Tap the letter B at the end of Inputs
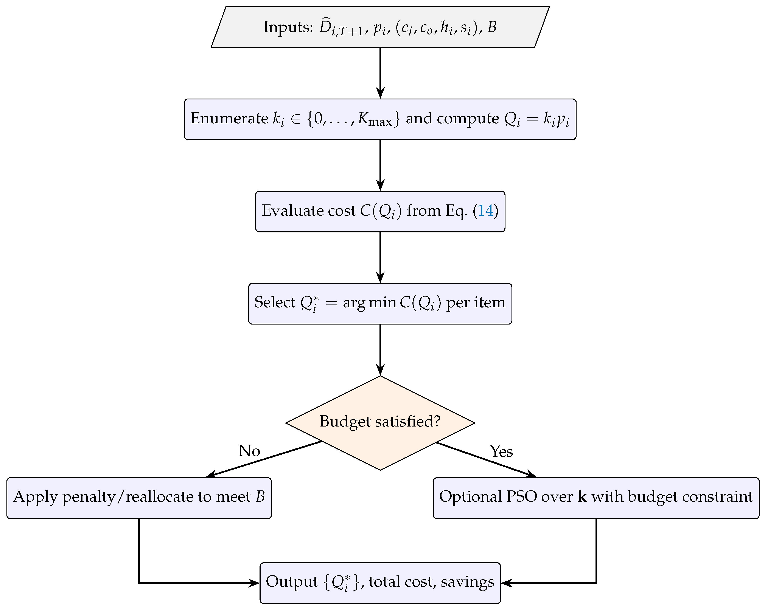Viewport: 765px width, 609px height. point(492,27)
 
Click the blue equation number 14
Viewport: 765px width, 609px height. point(485,210)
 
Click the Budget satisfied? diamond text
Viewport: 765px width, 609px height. point(380,422)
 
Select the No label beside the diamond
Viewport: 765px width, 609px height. point(249,451)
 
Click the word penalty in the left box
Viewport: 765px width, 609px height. point(89,497)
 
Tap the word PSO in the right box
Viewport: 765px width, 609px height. point(522,497)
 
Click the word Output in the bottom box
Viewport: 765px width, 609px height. point(292,582)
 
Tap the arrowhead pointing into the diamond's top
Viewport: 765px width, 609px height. point(380,370)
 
